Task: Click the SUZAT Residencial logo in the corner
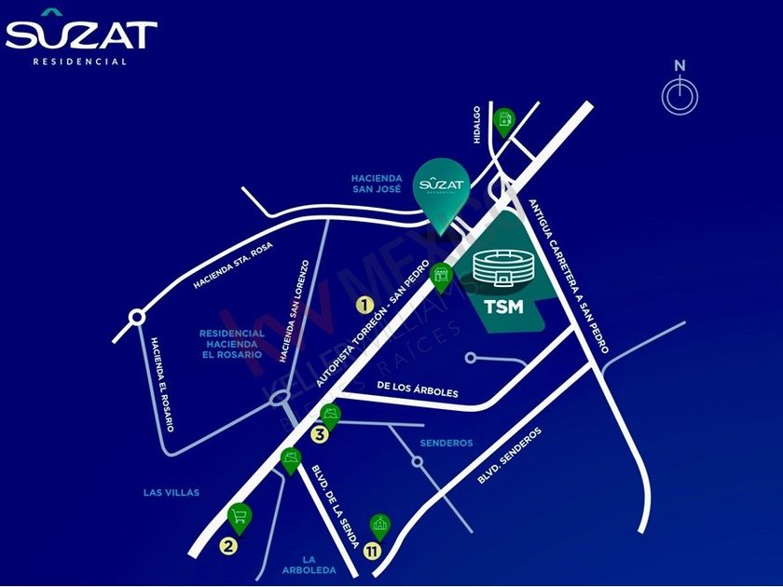pos(81,41)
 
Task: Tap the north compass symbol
pos(680,95)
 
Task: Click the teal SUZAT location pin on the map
pos(441,192)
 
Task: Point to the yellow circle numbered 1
pos(365,304)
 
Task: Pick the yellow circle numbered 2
pos(227,547)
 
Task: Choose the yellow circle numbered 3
pos(319,433)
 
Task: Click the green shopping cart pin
pos(239,515)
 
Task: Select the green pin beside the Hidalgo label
pos(504,120)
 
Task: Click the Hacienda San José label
pos(376,182)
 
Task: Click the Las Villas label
pos(172,492)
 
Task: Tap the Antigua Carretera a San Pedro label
pos(569,277)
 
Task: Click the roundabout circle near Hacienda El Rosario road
pos(137,318)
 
